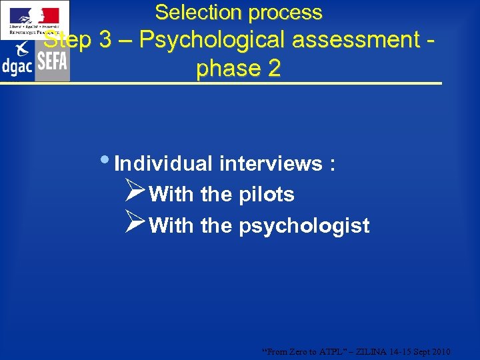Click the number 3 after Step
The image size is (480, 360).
pyautogui.click(x=105, y=40)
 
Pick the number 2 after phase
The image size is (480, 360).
pyautogui.click(x=274, y=69)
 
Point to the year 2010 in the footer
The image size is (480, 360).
pyautogui.click(x=440, y=351)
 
